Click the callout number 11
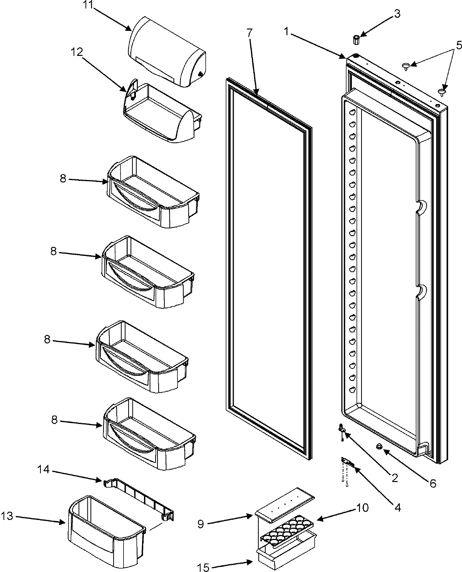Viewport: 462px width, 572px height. [88, 6]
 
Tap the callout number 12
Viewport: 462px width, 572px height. [77, 52]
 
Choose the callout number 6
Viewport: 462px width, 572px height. [433, 483]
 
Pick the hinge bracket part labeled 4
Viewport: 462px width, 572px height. [348, 462]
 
